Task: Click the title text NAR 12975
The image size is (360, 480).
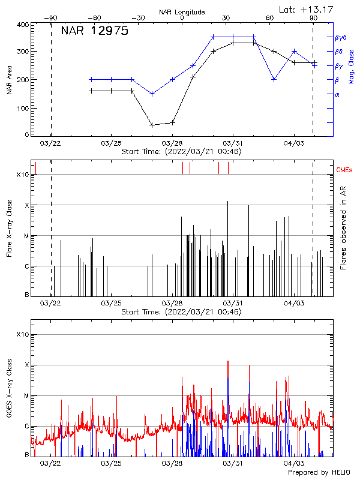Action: point(94,32)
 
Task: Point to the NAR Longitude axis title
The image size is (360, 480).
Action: point(182,11)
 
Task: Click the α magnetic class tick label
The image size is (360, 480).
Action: point(337,94)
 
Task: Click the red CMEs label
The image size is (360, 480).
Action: point(344,170)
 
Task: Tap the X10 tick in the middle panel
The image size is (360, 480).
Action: point(22,174)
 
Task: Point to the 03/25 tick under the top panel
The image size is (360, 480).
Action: point(111,144)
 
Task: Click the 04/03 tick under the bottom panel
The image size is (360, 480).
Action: point(293,463)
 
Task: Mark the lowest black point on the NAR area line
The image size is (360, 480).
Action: point(152,125)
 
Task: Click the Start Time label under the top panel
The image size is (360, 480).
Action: point(181,152)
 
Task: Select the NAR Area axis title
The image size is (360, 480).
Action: point(9,80)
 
